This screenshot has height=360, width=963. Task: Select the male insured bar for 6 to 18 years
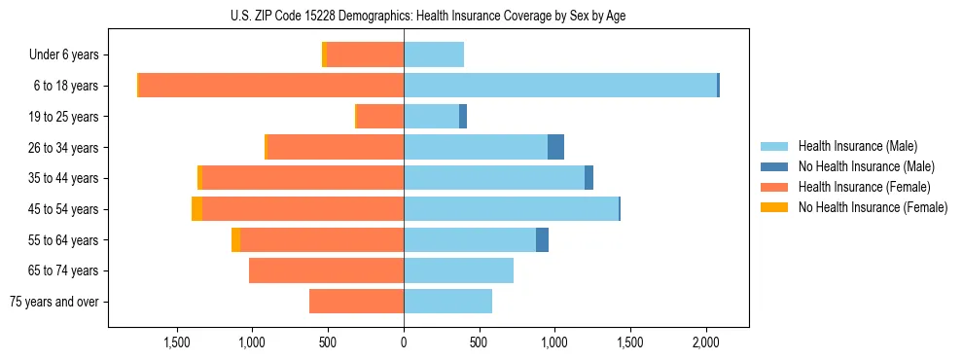[560, 86]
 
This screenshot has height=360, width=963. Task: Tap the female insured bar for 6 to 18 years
[271, 86]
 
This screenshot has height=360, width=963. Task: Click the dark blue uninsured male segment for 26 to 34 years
[555, 147]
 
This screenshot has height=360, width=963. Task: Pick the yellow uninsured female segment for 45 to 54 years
[197, 209]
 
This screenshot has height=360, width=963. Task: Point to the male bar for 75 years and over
[447, 302]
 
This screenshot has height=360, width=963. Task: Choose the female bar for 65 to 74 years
[326, 270]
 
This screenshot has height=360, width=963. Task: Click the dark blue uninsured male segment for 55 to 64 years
[542, 239]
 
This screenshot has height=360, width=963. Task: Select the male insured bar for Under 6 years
[434, 54]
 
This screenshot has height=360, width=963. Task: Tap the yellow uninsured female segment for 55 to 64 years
[235, 239]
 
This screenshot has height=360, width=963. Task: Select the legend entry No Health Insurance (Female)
[872, 207]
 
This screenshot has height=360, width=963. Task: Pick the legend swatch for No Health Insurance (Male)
[775, 166]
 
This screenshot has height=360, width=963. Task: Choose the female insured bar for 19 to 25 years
[380, 117]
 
